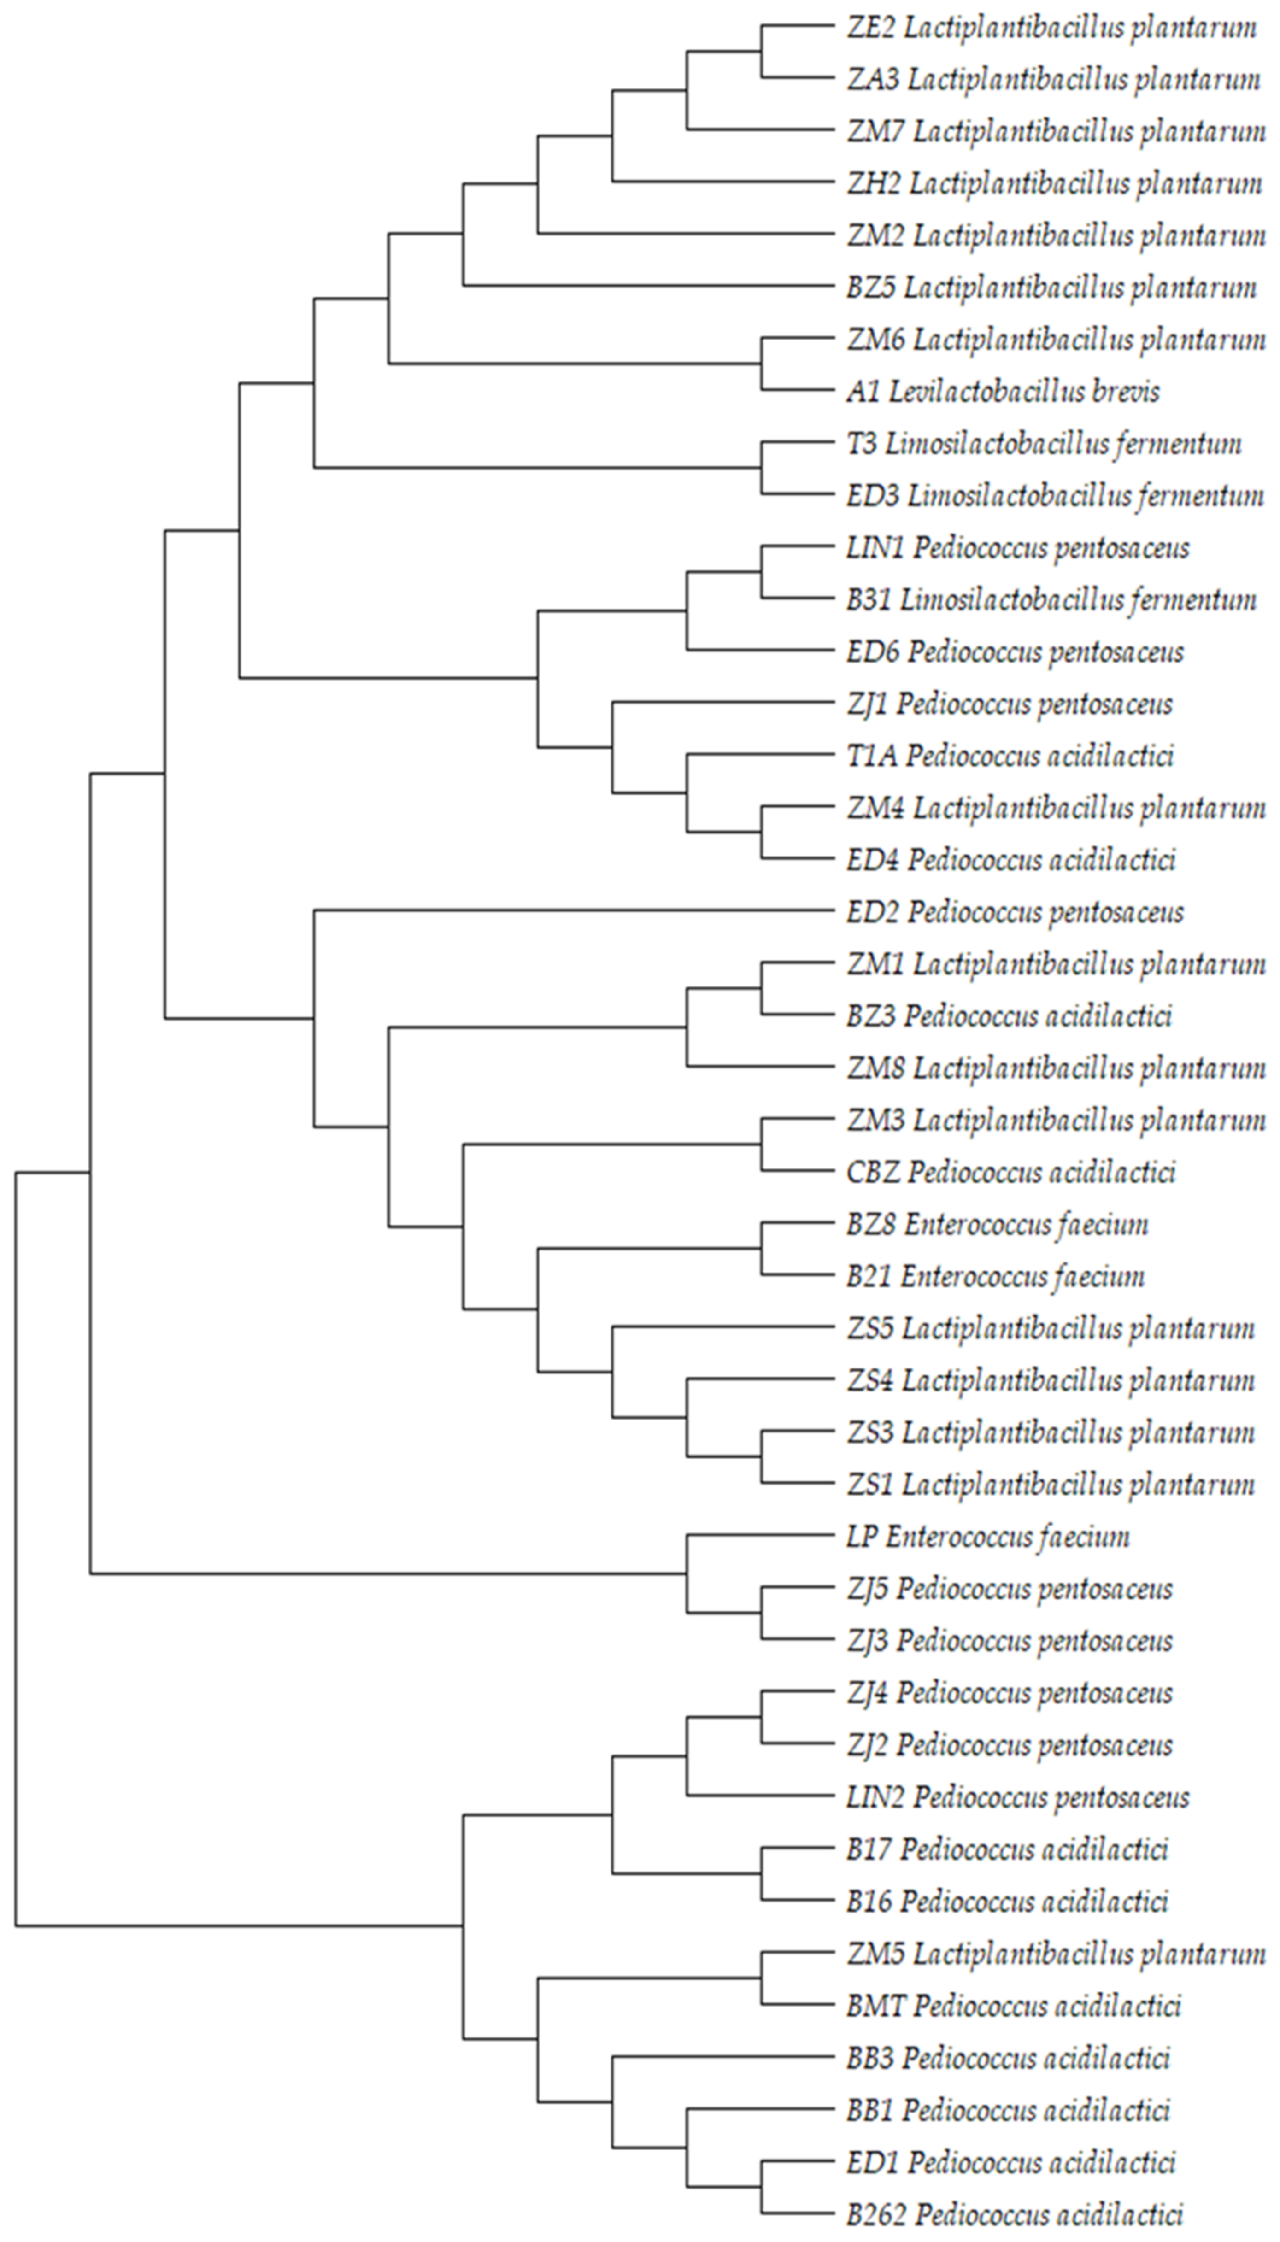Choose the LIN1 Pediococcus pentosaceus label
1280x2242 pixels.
point(1018,548)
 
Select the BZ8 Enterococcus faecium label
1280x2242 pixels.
point(997,1224)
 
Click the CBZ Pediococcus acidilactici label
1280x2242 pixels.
point(1011,1173)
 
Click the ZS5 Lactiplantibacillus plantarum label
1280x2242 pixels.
point(1051,1329)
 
